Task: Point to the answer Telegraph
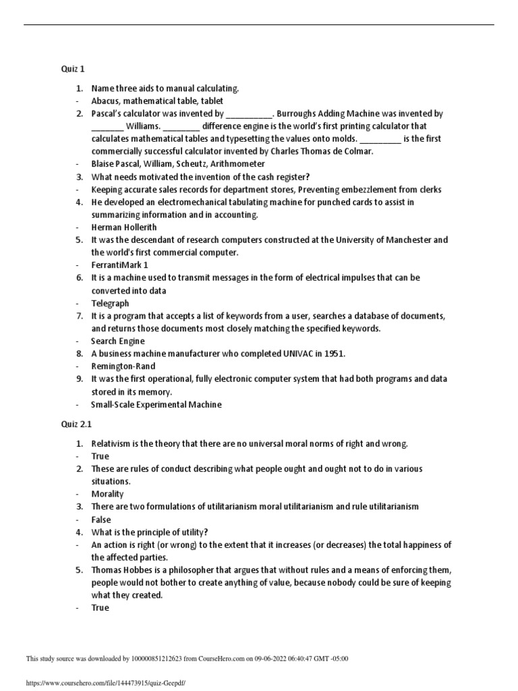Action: (x=110, y=304)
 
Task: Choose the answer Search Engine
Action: (x=118, y=341)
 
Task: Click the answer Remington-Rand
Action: (x=123, y=366)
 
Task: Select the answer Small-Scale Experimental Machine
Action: (x=156, y=404)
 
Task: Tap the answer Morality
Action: (x=108, y=494)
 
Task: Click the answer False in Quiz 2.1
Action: (x=101, y=520)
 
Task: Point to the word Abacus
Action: (x=105, y=101)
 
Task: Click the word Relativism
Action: (x=113, y=443)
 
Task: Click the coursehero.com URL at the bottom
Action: (x=105, y=684)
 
